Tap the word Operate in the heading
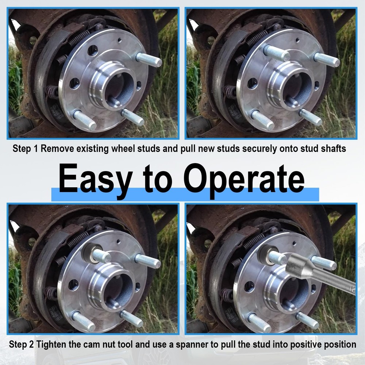[244, 179]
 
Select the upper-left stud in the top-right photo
[276, 53]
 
